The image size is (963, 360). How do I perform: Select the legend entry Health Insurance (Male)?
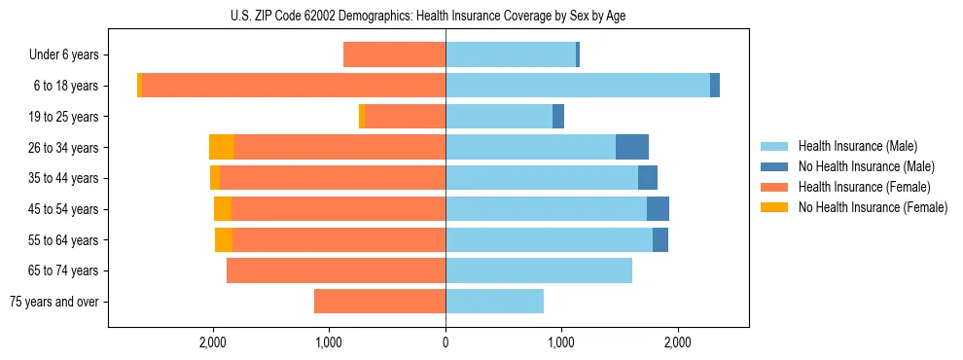[x=857, y=146]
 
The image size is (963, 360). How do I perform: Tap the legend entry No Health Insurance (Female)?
[x=873, y=207]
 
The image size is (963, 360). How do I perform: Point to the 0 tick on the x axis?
[x=446, y=342]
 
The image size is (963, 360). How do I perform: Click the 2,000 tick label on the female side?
[x=213, y=342]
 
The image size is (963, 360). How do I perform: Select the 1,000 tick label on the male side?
[x=561, y=342]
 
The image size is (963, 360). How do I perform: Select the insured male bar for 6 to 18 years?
[x=578, y=86]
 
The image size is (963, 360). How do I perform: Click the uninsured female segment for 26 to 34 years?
[x=222, y=147]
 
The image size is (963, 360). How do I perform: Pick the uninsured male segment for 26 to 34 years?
[x=632, y=147]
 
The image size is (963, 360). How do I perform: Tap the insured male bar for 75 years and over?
[x=494, y=302]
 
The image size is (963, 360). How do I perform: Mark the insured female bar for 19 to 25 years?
[x=405, y=117]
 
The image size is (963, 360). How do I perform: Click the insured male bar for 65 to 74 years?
[x=539, y=270]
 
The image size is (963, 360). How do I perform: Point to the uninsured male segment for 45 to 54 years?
[x=658, y=209]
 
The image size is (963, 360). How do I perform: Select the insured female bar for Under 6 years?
[x=394, y=55]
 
